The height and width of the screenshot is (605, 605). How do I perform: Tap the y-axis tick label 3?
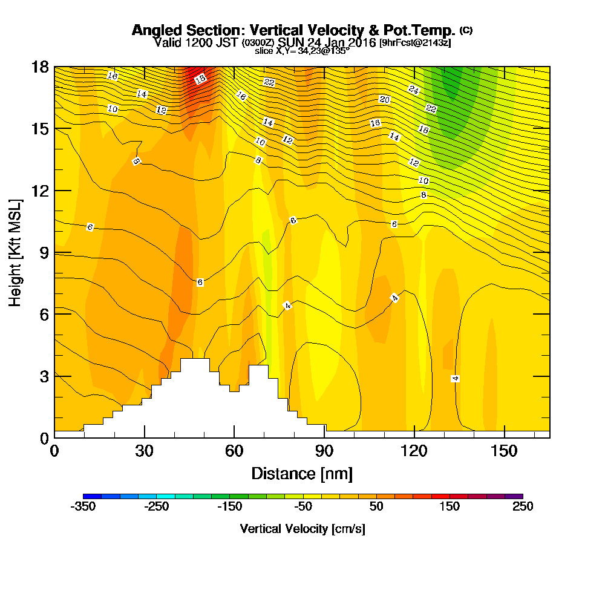[x=43, y=376]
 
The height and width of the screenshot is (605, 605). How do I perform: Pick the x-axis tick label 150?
[x=504, y=451]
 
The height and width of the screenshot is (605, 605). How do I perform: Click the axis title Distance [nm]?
[x=302, y=473]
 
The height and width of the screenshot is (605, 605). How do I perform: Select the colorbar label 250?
[x=522, y=507]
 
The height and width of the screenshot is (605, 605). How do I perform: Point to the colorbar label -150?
[x=229, y=507]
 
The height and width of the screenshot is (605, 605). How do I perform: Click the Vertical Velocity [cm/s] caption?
[x=302, y=529]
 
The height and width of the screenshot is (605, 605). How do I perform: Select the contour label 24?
[x=414, y=90]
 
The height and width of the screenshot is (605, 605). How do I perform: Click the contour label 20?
[x=384, y=99]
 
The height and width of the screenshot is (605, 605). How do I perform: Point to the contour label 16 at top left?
[x=112, y=76]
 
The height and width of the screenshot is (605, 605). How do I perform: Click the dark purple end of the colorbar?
[x=514, y=496]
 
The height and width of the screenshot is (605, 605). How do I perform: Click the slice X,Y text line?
[x=302, y=51]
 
